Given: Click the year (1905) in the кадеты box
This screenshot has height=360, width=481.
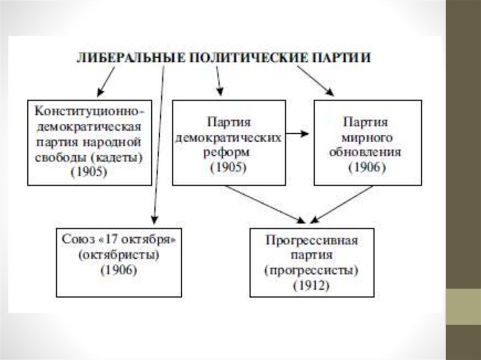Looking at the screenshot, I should click(x=89, y=172).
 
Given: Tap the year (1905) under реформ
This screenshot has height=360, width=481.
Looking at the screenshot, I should click(x=229, y=167).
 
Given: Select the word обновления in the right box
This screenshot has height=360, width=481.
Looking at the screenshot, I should click(x=368, y=153).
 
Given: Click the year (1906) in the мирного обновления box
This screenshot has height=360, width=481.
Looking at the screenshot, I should click(x=367, y=167).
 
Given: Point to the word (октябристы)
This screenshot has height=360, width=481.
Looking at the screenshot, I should click(x=118, y=255).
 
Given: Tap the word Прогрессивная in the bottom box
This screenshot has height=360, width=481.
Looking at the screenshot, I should click(x=312, y=241).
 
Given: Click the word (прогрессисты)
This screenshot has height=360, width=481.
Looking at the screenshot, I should click(x=312, y=270).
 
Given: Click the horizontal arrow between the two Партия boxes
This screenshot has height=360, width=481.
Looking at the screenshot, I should click(x=297, y=134).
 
